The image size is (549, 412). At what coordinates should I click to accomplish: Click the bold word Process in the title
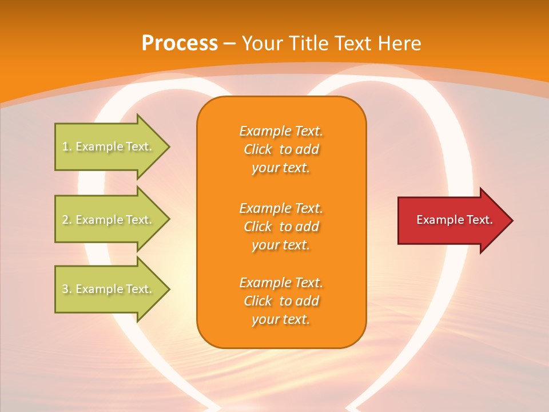[x=180, y=43]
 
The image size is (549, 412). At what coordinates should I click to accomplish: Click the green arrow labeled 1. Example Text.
[x=109, y=146]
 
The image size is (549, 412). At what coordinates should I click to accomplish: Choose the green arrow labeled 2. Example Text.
[x=109, y=220]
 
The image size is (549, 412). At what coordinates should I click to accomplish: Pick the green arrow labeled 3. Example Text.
[x=109, y=289]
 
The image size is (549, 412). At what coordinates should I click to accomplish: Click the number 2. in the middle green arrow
[x=67, y=220]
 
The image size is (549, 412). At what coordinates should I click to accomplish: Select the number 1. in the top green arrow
[x=67, y=146]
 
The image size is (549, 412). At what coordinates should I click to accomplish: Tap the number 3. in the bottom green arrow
[x=67, y=289]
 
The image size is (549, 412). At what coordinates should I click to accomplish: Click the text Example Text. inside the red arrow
[x=454, y=220]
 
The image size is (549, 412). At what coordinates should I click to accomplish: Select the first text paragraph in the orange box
[x=281, y=149]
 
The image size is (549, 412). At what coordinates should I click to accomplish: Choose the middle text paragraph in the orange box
[x=281, y=227]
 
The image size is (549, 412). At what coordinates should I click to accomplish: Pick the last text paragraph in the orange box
[x=281, y=301]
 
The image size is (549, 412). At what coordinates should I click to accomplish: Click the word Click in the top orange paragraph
[x=258, y=149]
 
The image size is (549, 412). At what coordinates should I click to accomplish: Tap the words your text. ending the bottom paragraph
[x=281, y=319]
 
